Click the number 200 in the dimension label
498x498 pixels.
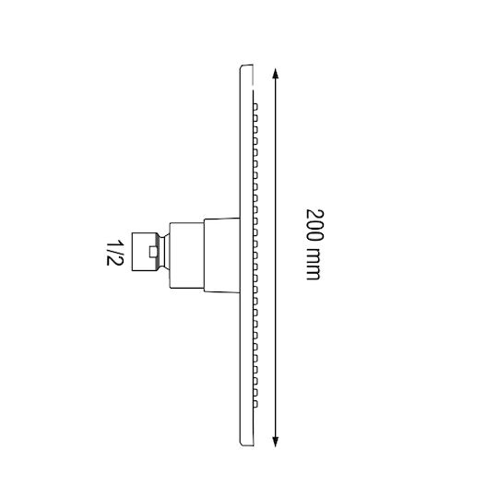(x=314, y=224)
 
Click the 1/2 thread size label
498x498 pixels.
(x=114, y=253)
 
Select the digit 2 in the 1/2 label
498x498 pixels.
(x=113, y=261)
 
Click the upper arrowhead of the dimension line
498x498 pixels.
(x=276, y=73)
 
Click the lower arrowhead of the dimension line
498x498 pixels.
(x=276, y=442)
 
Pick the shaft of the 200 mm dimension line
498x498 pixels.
(x=276, y=257)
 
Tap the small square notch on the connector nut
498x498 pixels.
(x=153, y=252)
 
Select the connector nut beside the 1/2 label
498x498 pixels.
(x=145, y=252)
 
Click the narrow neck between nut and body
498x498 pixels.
(x=164, y=252)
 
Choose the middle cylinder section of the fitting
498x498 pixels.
(x=186, y=255)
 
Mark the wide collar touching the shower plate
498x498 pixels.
(x=221, y=255)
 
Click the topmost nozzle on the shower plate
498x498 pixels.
(x=255, y=106)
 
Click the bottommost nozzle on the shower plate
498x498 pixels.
(x=255, y=404)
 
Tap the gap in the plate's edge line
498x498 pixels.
(x=253, y=88)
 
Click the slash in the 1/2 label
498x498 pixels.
(x=114, y=252)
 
